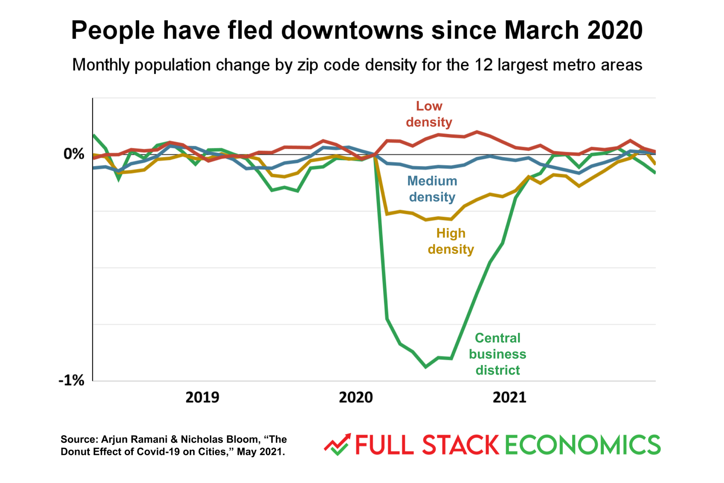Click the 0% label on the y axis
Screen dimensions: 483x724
pos(74,154)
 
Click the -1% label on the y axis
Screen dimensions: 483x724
pos(72,380)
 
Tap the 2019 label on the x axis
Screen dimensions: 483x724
pos(202,397)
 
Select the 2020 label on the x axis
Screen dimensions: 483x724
pos(356,397)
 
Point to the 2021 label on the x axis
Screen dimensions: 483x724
pos(509,397)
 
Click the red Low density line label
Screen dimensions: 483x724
pos(429,114)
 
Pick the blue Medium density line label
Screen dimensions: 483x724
pos(432,189)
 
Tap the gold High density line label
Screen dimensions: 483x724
pos(451,241)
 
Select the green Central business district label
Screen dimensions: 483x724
pos(497,354)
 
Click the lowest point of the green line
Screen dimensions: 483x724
pos(426,367)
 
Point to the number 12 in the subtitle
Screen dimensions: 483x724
pos(483,65)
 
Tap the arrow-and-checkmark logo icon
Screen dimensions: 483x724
pos(337,445)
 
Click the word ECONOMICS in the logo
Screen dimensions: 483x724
pos(583,445)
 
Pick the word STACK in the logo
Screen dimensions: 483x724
pos(461,445)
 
